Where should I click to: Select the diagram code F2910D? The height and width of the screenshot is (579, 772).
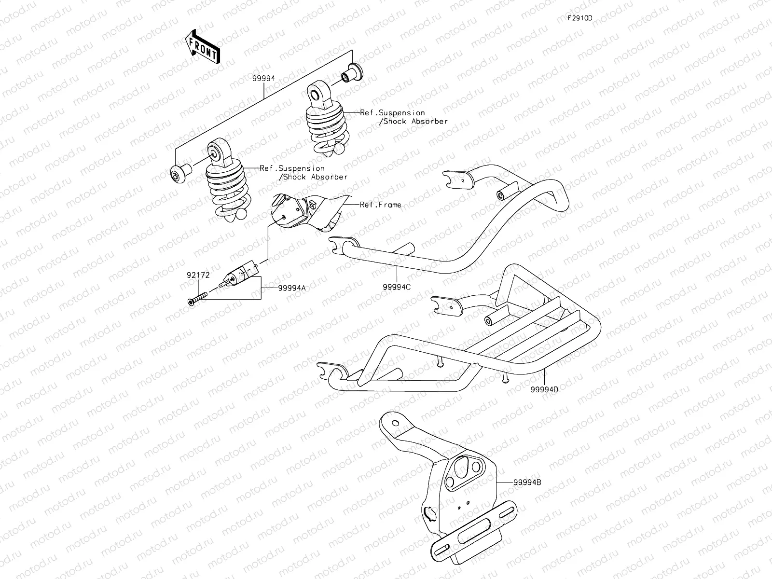pyautogui.click(x=579, y=18)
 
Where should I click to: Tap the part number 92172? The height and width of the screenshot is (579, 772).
pyautogui.click(x=198, y=276)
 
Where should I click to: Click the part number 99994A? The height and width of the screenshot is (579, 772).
pyautogui.click(x=291, y=288)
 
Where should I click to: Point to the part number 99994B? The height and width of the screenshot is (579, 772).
pyautogui.click(x=527, y=482)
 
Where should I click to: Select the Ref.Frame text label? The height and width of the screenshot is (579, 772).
pyautogui.click(x=380, y=205)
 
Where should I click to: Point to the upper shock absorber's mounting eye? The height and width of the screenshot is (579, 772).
pyautogui.click(x=315, y=93)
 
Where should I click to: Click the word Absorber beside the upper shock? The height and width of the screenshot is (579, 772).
pyautogui.click(x=429, y=122)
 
